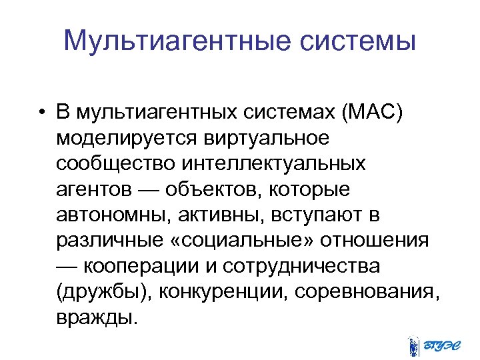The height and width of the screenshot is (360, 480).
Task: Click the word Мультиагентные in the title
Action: tap(174, 41)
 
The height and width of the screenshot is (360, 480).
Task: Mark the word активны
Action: tap(213, 215)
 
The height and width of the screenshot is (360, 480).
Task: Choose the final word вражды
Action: tap(98, 317)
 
